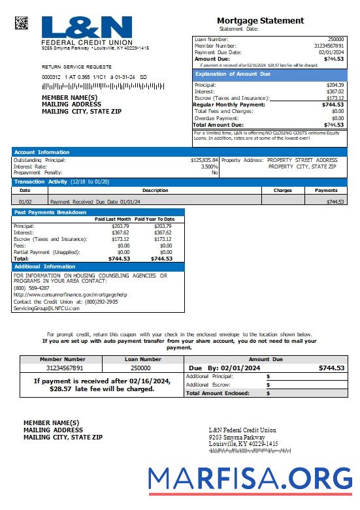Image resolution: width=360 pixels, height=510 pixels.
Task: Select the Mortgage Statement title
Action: tap(260, 21)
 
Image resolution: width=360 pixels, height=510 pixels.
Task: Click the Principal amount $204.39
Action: tap(335, 86)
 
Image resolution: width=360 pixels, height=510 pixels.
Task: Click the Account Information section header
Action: tap(42, 152)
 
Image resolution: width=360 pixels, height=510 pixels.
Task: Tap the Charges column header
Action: tap(282, 191)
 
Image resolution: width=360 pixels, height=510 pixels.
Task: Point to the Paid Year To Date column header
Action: tap(155, 219)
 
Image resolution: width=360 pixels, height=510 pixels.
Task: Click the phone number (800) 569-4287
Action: tap(31, 288)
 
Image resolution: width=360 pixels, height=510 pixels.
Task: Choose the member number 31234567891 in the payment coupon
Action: tap(61, 368)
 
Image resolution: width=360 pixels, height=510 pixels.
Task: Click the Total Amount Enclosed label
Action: tap(218, 394)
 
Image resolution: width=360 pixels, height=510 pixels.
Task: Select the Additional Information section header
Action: tap(44, 267)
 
